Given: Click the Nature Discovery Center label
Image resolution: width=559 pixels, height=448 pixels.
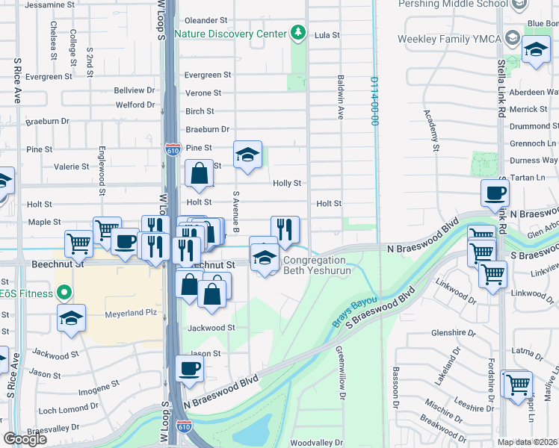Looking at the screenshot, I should pos(230,34).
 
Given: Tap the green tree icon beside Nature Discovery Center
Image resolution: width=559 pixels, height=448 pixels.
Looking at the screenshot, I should pos(298,33).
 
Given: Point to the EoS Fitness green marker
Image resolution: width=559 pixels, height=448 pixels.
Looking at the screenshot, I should pos(64,293).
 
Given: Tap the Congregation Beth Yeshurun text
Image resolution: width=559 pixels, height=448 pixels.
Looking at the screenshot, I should pos(315,267).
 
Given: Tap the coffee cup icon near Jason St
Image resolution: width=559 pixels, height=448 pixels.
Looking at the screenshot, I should pos(190,369).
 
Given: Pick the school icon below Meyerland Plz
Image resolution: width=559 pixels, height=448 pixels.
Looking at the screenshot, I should pos(72,318).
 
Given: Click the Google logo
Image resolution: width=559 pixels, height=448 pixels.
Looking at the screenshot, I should pos(25,439).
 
